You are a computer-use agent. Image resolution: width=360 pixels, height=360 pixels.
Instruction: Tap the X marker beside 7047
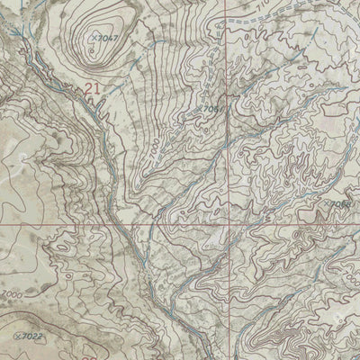[x=94, y=38]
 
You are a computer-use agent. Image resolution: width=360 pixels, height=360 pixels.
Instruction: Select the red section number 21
[x=93, y=88]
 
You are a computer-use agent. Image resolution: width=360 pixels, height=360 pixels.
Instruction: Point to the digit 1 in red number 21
[x=97, y=88]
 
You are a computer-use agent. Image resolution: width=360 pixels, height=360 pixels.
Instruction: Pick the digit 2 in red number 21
[x=88, y=88]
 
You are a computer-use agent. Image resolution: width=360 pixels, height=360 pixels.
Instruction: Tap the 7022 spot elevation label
[x=33, y=336]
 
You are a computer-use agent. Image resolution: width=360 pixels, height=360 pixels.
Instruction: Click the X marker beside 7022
[x=19, y=334]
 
